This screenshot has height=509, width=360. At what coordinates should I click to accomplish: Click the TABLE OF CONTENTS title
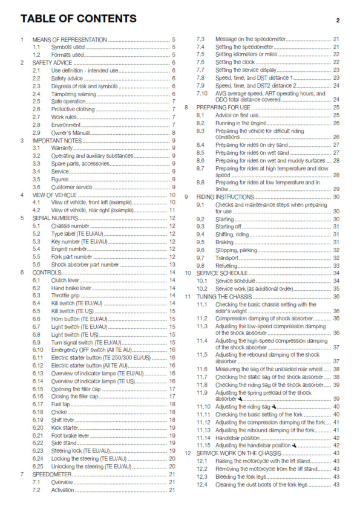click(79, 19)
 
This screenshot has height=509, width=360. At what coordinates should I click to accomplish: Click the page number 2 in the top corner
click(338, 19)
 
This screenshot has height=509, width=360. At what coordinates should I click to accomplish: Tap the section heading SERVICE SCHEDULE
click(223, 273)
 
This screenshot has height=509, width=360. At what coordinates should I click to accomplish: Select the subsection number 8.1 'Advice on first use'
click(201, 115)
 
